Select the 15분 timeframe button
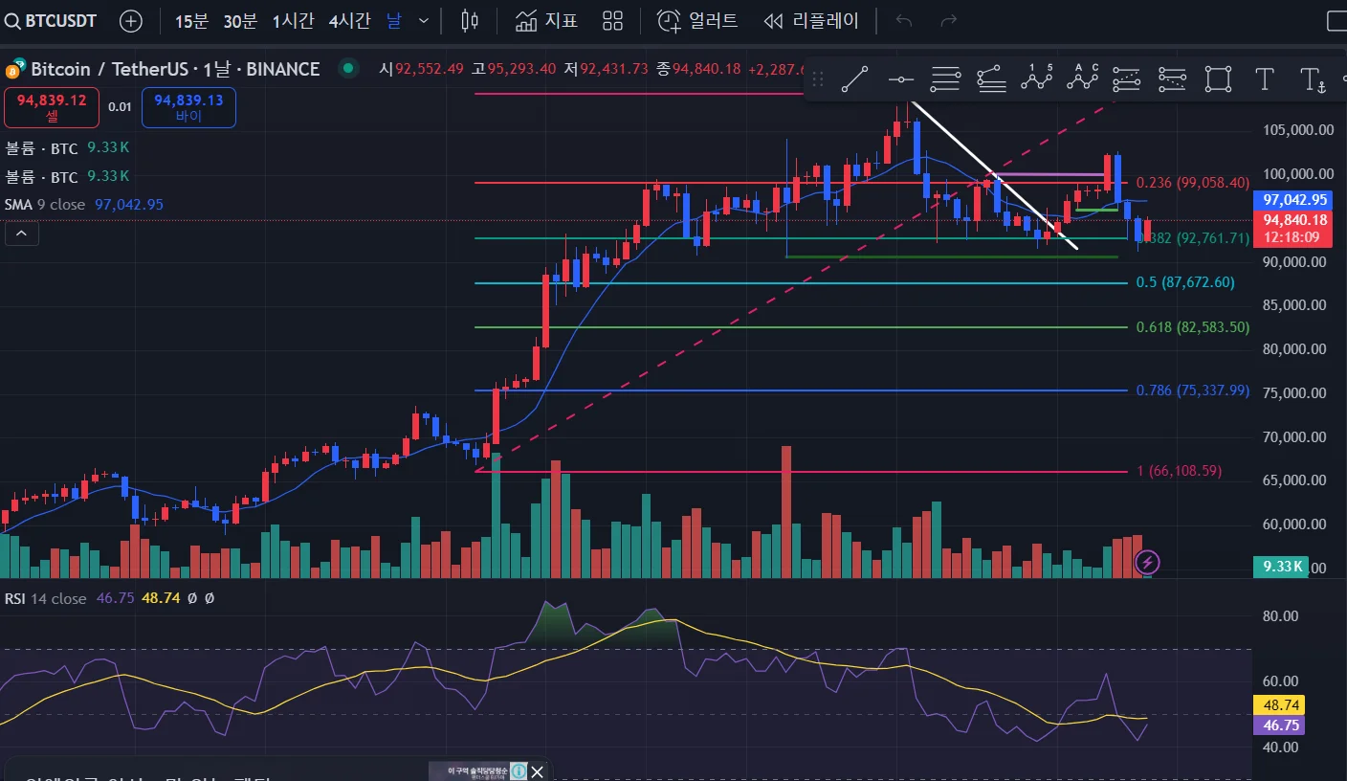[191, 20]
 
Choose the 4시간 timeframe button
[349, 20]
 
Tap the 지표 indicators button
[546, 20]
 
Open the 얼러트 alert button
[698, 20]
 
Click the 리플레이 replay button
[812, 20]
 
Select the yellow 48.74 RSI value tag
[1278, 705]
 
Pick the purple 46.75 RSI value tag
[1278, 725]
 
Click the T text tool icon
[1265, 79]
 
